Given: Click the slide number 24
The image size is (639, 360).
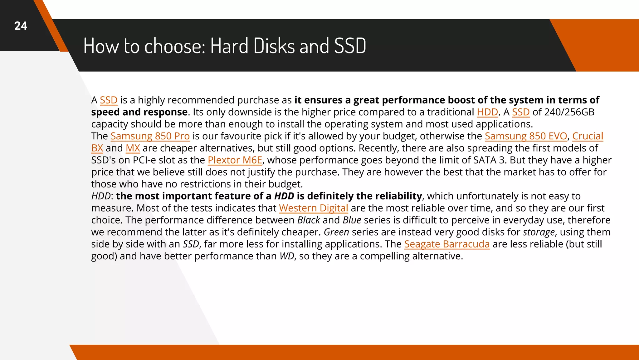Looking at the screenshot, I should pos(21,26).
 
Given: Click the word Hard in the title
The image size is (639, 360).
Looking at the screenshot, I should pos(229,46).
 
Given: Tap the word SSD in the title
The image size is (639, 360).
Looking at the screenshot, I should pos(350,46).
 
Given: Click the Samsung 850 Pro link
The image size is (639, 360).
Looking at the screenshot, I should pos(150,136).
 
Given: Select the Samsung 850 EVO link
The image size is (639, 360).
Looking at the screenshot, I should pos(526,136).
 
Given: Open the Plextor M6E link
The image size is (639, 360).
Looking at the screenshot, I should pos(235,160).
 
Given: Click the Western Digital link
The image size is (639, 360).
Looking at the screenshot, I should pos(313,208).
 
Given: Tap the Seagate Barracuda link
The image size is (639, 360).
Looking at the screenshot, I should pos(447,244).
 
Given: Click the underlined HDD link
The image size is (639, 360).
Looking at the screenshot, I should pos(487,112).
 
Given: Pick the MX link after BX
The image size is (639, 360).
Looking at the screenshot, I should pos(133,148).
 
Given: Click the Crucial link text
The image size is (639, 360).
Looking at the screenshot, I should pos(588,136).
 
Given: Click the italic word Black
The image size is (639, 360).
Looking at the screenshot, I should pos(309,220).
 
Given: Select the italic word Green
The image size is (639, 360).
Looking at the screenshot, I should pos(336,232).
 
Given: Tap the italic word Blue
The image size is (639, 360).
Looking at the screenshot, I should pos(352,220).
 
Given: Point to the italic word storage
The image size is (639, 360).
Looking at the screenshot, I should pos(539,232).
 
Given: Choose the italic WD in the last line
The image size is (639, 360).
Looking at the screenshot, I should pos(286,256).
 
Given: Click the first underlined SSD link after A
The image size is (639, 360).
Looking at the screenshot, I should pos(109,100).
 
